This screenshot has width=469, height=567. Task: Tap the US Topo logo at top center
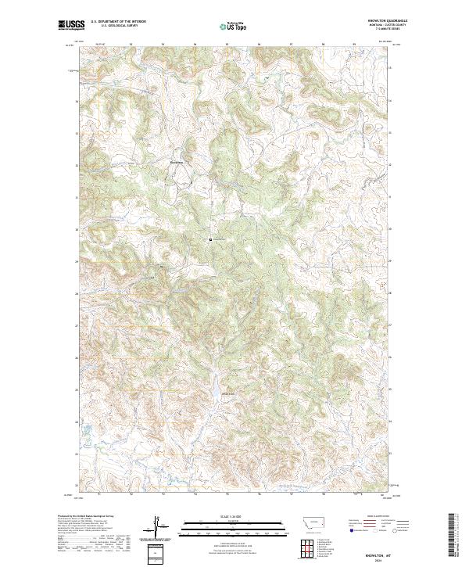click(232, 26)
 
